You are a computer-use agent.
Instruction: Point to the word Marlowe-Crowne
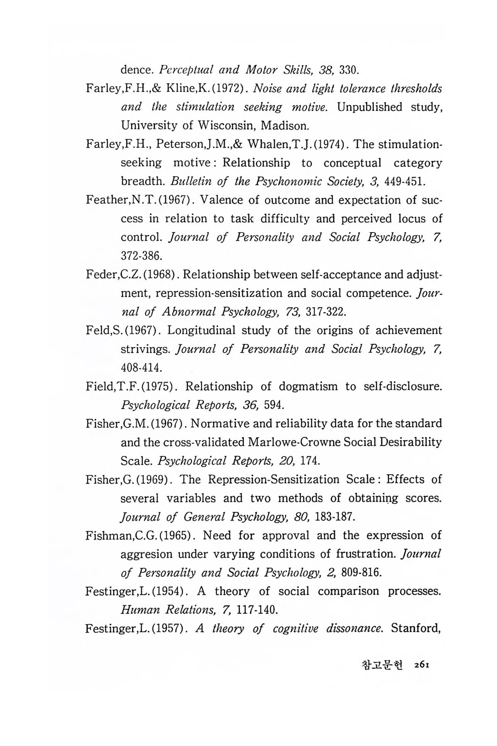289,442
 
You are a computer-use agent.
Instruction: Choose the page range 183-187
335,517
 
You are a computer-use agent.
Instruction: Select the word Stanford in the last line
416,629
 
